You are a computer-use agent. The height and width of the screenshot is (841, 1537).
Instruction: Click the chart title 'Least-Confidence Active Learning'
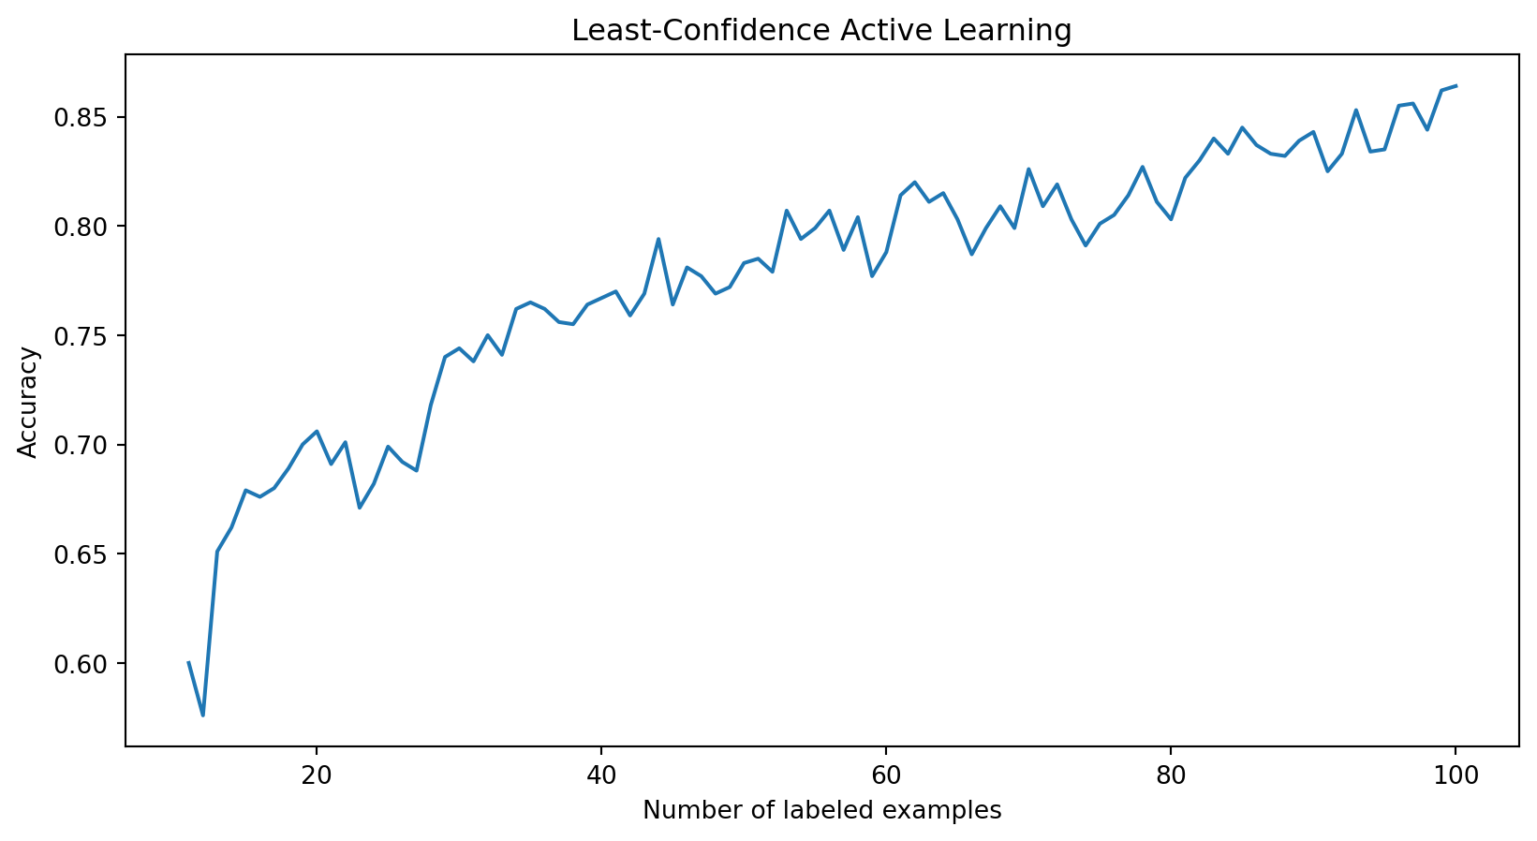pyautogui.click(x=821, y=31)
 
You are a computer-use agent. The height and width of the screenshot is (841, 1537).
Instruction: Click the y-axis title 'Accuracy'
pyautogui.click(x=28, y=402)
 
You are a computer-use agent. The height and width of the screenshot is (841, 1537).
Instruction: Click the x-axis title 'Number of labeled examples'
pyautogui.click(x=821, y=810)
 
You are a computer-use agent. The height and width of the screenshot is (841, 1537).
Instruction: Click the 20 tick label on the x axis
pyautogui.click(x=317, y=775)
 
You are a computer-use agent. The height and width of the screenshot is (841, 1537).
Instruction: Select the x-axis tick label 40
pyautogui.click(x=601, y=775)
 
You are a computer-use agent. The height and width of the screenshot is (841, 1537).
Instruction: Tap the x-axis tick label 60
pyautogui.click(x=886, y=775)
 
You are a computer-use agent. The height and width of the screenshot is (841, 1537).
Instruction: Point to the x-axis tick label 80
pyautogui.click(x=1171, y=775)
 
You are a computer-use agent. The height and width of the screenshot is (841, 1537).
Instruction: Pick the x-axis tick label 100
pyautogui.click(x=1456, y=775)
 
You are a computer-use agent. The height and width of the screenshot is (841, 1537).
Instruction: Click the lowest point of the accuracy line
pyautogui.click(x=203, y=716)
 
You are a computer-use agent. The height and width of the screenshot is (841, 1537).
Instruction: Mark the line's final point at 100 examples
pyautogui.click(x=1456, y=86)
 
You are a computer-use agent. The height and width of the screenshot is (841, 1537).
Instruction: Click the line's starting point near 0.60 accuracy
pyautogui.click(x=189, y=662)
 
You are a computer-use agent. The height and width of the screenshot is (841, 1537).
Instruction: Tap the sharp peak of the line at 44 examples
pyautogui.click(x=658, y=239)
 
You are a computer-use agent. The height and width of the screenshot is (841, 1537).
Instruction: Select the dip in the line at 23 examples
pyautogui.click(x=360, y=508)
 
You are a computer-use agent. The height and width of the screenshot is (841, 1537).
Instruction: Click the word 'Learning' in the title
pyautogui.click(x=1021, y=31)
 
